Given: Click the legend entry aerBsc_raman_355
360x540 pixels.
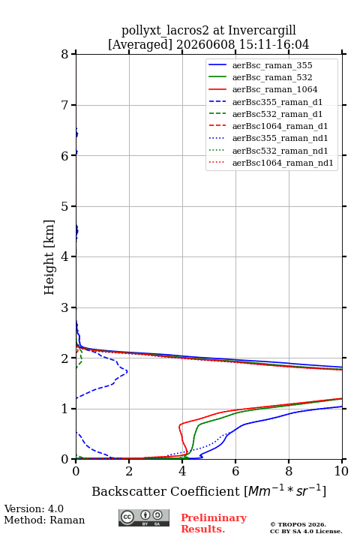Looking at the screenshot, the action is (260, 65).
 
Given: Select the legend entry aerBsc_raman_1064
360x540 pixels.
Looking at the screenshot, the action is (263, 89).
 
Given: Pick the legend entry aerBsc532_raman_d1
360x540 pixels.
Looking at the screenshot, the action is (265, 114).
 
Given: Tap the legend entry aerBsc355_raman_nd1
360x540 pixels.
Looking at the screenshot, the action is (268, 138).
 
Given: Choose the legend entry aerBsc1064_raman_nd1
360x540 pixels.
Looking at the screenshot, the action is (271, 163).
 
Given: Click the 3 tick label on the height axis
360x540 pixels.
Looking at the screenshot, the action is (64, 307).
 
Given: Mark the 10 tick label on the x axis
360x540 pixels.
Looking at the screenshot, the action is (341, 471).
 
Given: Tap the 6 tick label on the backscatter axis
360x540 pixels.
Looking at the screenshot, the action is (235, 471).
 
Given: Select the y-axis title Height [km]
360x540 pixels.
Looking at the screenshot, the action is (49, 257).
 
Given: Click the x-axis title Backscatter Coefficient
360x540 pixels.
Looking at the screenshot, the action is (165, 491).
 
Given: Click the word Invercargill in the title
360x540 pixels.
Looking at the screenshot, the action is (262, 30).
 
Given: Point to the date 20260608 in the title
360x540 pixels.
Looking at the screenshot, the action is (205, 44).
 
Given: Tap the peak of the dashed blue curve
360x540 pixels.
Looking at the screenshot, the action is (127, 371).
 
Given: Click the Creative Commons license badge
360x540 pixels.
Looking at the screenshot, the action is (144, 518).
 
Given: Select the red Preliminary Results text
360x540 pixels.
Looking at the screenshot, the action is (214, 523).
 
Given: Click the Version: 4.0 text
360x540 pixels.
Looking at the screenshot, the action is (34, 508).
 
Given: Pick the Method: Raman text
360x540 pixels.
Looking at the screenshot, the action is (44, 520).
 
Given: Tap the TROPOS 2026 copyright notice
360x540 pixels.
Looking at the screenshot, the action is (298, 524).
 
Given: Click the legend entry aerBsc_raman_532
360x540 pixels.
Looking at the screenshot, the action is (260, 77).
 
